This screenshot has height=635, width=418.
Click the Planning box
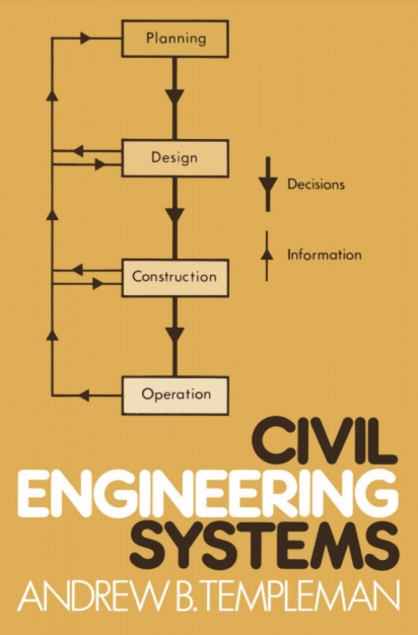(175, 38)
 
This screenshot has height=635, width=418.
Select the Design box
(175, 158)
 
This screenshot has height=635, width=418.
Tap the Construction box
(175, 277)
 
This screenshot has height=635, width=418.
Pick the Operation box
(175, 395)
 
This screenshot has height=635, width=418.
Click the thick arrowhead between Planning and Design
(175, 97)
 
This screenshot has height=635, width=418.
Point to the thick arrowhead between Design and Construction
(175, 216)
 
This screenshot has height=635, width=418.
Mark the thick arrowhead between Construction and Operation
(175, 334)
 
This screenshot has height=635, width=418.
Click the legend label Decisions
(316, 184)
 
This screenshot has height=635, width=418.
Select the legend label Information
(324, 255)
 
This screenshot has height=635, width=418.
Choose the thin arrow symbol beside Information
(267, 254)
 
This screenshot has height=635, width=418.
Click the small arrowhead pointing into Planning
(86, 38)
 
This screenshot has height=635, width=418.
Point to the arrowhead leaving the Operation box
(84, 395)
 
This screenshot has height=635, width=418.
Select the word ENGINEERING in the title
(208, 494)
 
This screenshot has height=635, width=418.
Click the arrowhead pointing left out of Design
(78, 151)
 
